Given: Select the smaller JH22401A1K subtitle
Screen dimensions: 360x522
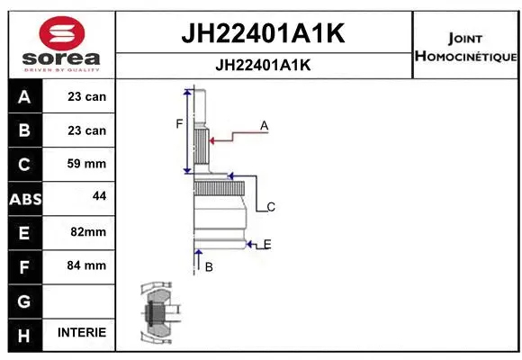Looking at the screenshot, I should click(x=264, y=65).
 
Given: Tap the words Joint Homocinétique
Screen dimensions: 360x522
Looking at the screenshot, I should click(x=464, y=48).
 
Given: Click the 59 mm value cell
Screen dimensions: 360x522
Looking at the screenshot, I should click(x=86, y=164).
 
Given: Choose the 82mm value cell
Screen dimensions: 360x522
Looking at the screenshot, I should click(x=87, y=231).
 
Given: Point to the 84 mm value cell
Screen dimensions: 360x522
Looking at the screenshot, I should click(x=86, y=265).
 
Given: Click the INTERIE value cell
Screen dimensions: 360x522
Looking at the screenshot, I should click(x=81, y=332).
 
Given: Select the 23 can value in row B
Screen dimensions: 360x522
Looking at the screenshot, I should click(x=86, y=130).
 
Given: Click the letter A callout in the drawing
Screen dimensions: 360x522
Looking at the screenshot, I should click(x=265, y=126).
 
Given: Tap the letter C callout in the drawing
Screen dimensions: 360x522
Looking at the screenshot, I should click(x=270, y=207).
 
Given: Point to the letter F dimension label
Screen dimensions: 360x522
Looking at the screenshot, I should click(x=179, y=123).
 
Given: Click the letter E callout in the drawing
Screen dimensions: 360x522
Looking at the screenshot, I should click(x=267, y=244).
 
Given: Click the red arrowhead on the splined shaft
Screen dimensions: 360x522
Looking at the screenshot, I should click(x=211, y=139).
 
